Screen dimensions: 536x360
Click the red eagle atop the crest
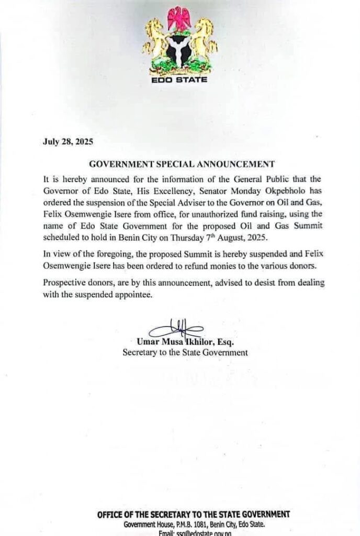point(179,19)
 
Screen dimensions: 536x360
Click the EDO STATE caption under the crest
point(179,80)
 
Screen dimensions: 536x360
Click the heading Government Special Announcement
point(179,163)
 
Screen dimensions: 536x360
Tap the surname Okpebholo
point(273,188)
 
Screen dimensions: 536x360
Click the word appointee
point(155,295)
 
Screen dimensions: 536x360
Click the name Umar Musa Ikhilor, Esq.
point(185,342)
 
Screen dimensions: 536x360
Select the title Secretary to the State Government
point(185,353)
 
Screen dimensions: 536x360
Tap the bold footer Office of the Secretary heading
point(194,515)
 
